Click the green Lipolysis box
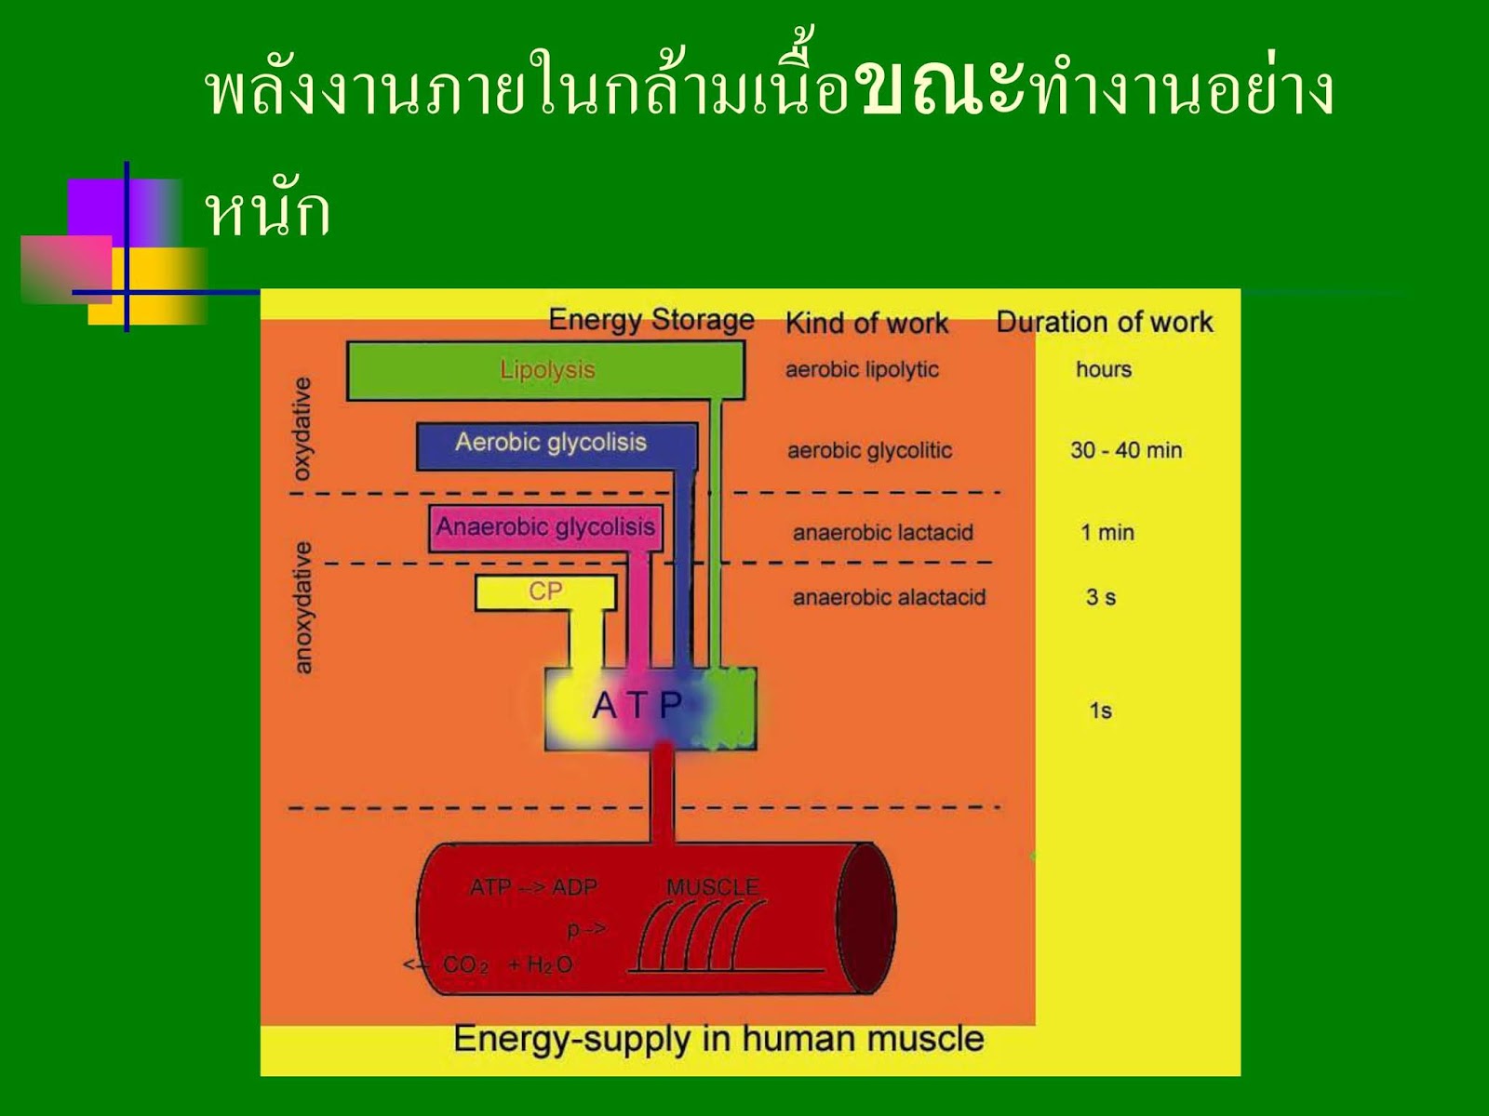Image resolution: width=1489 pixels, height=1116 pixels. point(546,370)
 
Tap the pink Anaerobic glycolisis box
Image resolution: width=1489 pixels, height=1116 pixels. point(545,527)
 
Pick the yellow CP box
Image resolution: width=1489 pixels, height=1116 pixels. point(545,591)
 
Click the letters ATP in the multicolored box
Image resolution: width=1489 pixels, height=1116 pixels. point(637,705)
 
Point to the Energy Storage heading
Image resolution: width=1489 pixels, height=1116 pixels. point(651,320)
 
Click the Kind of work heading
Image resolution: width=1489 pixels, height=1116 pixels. point(866,323)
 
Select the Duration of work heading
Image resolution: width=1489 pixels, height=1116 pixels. point(1105,322)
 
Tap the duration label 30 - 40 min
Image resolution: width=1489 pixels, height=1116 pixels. point(1126,450)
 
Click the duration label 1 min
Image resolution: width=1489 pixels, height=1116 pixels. point(1107,533)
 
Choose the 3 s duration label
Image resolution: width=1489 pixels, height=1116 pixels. point(1101,598)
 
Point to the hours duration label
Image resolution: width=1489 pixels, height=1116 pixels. point(1104,369)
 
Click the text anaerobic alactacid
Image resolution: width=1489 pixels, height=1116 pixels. point(889,598)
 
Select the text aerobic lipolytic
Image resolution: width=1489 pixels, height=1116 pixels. point(862,369)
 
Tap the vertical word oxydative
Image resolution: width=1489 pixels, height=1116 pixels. point(302,429)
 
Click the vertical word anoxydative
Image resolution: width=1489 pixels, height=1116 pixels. point(302,607)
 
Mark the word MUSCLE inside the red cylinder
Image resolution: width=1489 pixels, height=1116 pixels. point(713,887)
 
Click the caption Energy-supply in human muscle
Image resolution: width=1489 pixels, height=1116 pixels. point(718,1039)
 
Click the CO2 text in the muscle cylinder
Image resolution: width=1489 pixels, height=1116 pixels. point(465,965)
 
